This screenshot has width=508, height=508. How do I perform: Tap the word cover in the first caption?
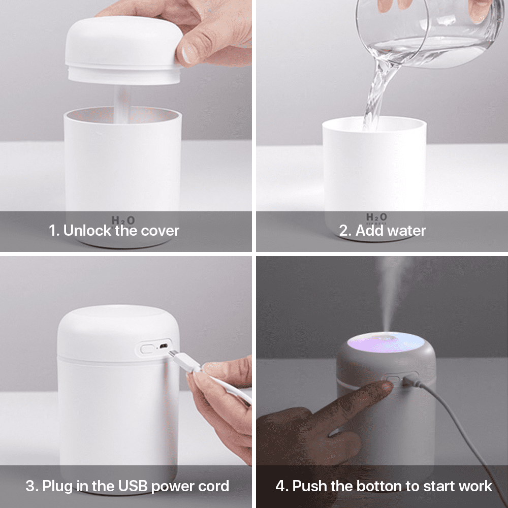coord(160,231)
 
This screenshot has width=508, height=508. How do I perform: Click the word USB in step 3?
coord(133,486)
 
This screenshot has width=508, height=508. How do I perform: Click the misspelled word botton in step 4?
coord(380,486)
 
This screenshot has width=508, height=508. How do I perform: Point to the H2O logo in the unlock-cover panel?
coord(123,220)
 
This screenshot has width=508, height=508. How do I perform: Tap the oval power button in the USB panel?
coord(148,349)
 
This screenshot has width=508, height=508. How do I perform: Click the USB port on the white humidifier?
coord(163,346)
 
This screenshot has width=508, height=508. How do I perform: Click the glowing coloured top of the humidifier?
coord(386,342)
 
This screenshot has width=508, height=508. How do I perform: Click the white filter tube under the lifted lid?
coord(123,104)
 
